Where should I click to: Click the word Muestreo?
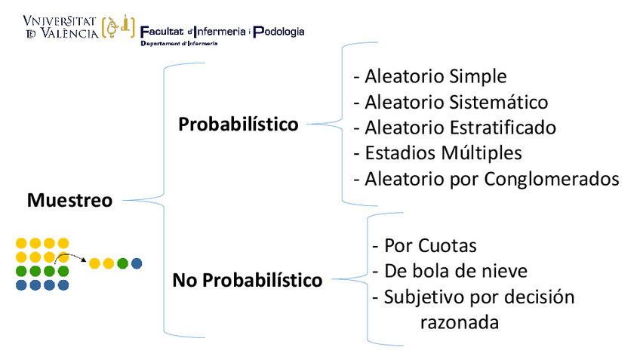click(69, 201)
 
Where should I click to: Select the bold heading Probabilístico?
click(238, 124)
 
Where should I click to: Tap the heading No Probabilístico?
click(248, 281)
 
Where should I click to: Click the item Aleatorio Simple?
click(430, 76)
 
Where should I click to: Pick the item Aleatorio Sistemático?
click(451, 102)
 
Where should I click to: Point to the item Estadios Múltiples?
click(438, 152)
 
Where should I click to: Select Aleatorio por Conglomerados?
click(486, 179)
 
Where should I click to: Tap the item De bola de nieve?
click(450, 271)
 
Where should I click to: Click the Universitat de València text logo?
click(60, 27)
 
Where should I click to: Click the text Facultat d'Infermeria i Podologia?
click(223, 32)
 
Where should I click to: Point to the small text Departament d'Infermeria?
click(179, 44)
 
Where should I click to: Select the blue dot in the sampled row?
click(137, 263)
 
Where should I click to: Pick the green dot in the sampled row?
click(122, 263)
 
